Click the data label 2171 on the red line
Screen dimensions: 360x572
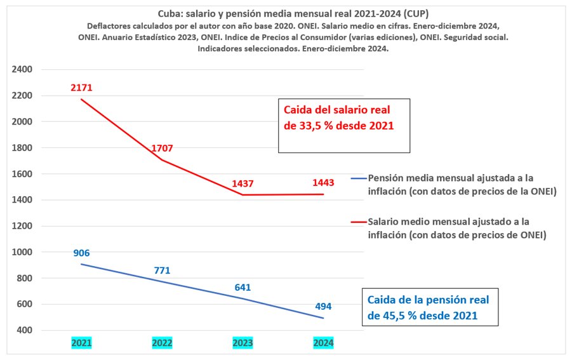click(82, 88)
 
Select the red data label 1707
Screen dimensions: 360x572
click(163, 149)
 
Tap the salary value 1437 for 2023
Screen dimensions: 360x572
click(243, 183)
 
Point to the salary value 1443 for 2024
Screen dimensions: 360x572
click(323, 183)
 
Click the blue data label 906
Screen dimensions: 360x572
click(82, 253)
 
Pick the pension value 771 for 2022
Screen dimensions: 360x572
click(163, 270)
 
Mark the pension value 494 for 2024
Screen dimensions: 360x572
click(323, 306)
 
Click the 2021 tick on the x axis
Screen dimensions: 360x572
click(82, 343)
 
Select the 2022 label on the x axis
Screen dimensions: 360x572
click(163, 343)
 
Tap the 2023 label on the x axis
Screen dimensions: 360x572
click(243, 343)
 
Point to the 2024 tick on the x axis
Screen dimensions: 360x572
click(323, 343)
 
